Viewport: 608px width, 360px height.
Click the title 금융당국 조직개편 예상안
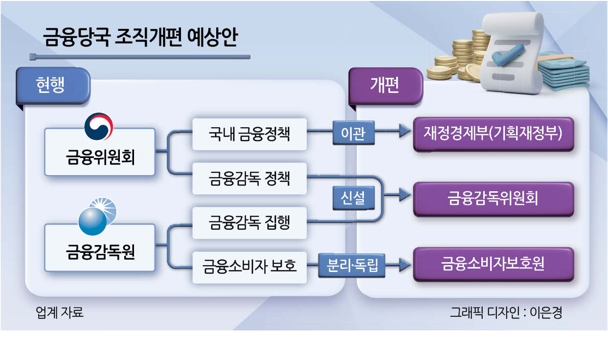tap(140, 37)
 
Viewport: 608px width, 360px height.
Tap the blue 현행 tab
tap(53, 86)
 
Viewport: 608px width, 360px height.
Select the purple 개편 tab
tap(385, 86)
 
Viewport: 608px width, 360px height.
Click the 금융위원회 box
tap(100, 152)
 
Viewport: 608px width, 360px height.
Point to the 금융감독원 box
tap(100, 247)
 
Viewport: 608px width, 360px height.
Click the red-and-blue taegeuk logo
tap(99, 127)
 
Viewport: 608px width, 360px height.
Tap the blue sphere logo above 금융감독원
tap(97, 216)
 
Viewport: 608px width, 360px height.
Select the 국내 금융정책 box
tap(249, 134)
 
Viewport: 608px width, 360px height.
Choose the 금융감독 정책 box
tap(249, 179)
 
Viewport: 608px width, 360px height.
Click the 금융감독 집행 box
tap(249, 223)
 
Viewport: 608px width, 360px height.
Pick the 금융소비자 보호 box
tap(249, 267)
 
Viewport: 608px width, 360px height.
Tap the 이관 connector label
tap(353, 133)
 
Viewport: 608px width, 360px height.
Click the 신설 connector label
tap(353, 198)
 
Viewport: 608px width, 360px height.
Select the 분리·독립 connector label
tap(352, 265)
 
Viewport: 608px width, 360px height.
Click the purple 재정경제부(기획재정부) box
tap(494, 134)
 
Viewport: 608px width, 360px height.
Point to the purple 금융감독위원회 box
tap(494, 199)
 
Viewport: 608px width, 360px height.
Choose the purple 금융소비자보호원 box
tap(494, 264)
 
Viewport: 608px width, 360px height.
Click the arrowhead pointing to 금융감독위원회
tap(405, 195)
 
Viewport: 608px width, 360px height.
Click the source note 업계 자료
tap(60, 313)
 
